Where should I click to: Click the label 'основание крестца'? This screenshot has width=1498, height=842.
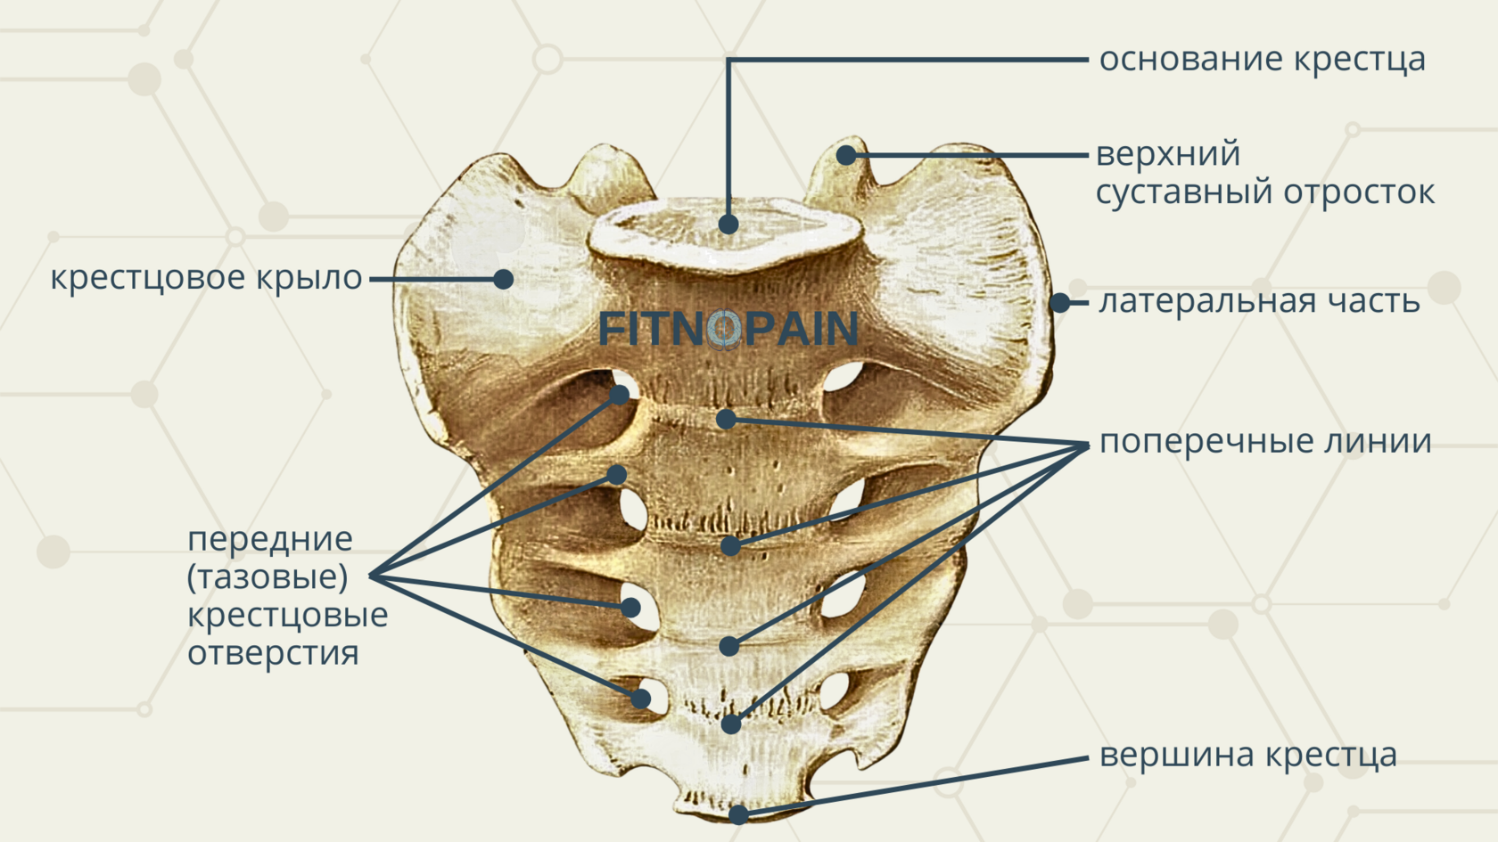(1262, 60)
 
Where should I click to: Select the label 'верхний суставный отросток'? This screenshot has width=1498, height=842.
(1264, 173)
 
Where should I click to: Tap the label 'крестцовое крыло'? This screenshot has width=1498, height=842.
(206, 278)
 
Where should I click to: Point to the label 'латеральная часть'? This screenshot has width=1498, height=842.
(1259, 302)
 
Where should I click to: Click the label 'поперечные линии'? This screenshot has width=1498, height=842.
(1265, 441)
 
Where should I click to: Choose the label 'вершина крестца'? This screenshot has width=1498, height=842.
(1247, 756)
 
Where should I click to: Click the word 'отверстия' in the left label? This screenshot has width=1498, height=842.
(273, 653)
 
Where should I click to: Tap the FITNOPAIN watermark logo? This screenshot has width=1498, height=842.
(728, 329)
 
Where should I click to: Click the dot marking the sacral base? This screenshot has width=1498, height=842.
(728, 224)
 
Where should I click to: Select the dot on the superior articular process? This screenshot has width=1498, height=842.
(845, 156)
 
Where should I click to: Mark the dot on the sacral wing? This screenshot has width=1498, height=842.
(503, 279)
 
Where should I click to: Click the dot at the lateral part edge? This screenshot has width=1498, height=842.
(1059, 303)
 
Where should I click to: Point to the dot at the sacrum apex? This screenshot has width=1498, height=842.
(738, 813)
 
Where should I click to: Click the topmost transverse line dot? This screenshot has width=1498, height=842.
(727, 419)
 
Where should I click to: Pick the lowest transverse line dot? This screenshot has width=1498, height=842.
(731, 724)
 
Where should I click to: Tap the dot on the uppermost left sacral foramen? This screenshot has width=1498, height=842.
(620, 395)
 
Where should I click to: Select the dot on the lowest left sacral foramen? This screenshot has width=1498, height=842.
(641, 699)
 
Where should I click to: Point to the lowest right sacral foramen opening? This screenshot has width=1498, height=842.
(835, 691)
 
